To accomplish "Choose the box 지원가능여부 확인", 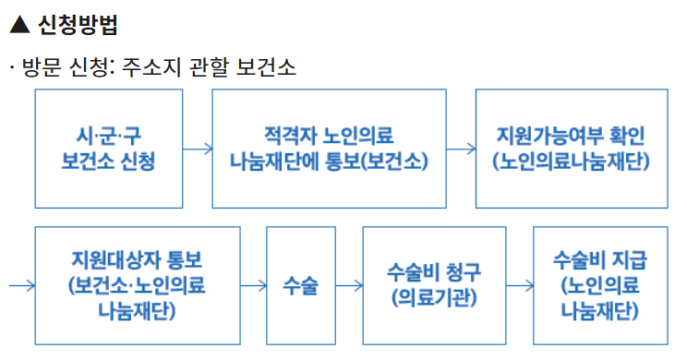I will [x=572, y=148].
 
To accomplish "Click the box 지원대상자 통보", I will [x=138, y=284].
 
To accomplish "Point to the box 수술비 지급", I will [x=599, y=284].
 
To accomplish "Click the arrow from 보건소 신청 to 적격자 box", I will [x=197, y=148].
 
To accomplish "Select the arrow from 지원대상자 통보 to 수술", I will [x=253, y=285].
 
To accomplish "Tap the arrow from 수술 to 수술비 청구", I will [x=349, y=285].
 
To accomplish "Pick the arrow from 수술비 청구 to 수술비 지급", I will [x=519, y=285].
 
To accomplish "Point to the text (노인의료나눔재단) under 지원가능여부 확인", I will [x=572, y=161].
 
